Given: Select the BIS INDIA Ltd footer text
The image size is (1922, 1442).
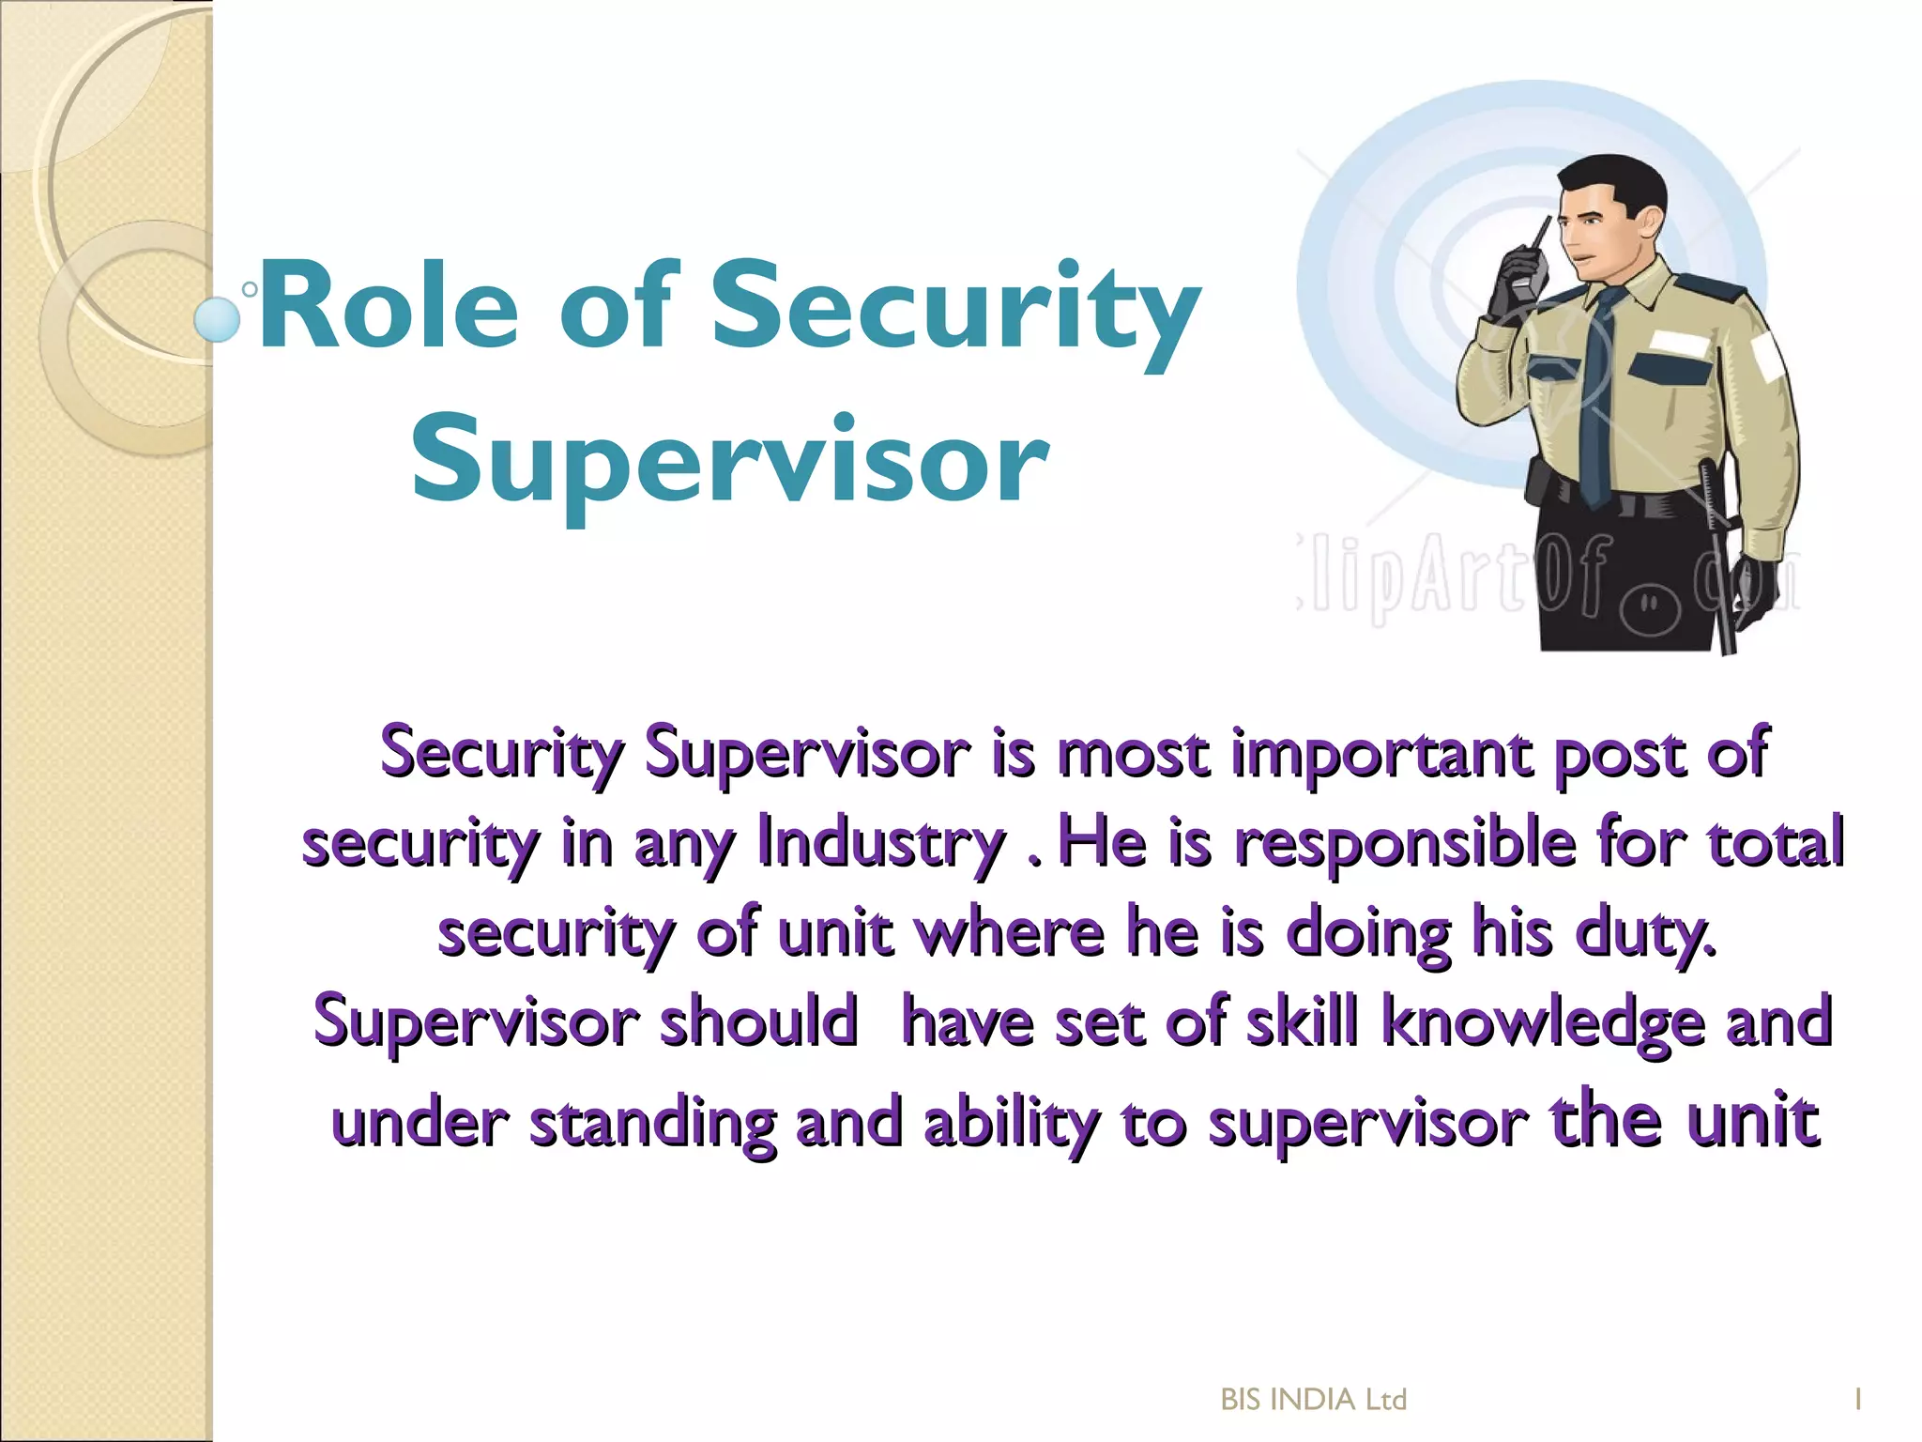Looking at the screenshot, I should click(1313, 1400).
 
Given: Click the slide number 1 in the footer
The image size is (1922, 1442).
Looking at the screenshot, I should click(1857, 1400).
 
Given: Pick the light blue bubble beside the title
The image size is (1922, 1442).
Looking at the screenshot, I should click(218, 319).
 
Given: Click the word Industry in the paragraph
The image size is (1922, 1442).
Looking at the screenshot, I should click(880, 843).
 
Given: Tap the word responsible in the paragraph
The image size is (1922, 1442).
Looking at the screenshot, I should click(1405, 843).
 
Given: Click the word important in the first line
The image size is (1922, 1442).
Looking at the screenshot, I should click(1382, 754).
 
